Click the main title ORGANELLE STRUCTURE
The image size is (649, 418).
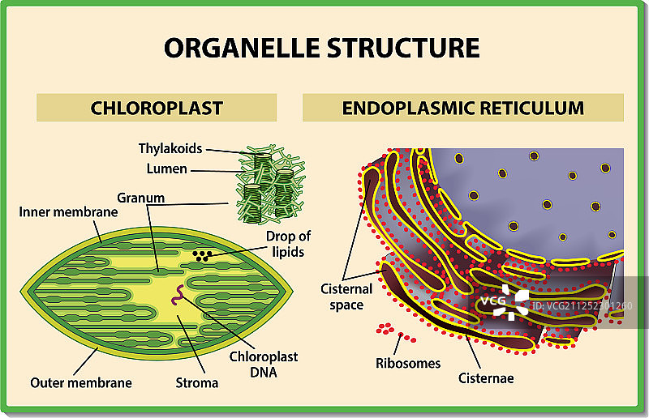coord(322,47)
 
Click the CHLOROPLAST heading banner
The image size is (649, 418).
coord(157,108)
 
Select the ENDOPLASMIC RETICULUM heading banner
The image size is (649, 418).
coord(462,108)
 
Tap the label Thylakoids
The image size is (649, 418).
coord(170,149)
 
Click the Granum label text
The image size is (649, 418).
coord(140,198)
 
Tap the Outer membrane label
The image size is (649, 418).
coord(81,382)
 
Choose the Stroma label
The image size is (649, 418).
coord(197,382)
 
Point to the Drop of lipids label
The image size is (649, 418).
coord(287,243)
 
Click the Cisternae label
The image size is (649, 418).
coord(486,377)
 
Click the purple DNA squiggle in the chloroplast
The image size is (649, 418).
coord(175,301)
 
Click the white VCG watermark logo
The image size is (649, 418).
coord(501,301)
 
